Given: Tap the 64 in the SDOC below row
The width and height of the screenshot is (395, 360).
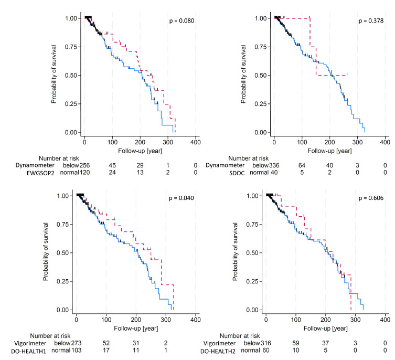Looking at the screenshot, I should pos(302,165).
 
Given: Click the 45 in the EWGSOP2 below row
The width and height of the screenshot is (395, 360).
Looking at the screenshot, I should pos(112,165).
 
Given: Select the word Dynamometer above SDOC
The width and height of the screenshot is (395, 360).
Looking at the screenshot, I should pos(219,165).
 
